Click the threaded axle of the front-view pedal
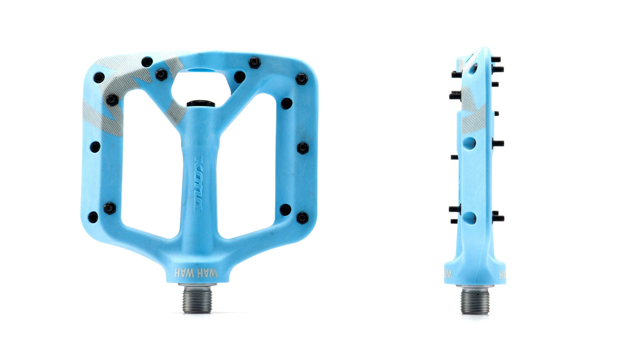point(198,299)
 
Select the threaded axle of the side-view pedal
point(475,301)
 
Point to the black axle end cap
point(201,104)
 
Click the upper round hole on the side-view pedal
point(469,143)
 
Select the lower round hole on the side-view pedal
point(469,218)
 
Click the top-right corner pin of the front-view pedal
point(302,79)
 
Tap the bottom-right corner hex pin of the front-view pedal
point(302,217)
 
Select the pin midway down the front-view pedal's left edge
point(95,147)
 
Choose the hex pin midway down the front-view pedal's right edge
point(303,147)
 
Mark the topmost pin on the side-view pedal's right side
point(496,59)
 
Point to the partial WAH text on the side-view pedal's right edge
point(502,274)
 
